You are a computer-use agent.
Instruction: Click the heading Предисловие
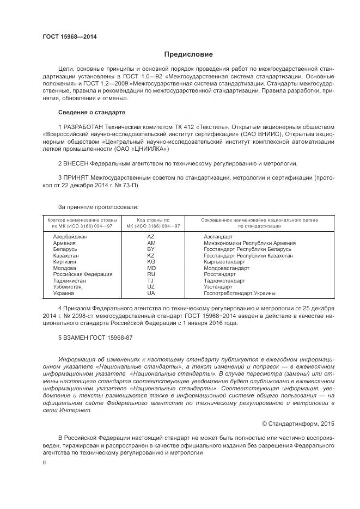click(x=189, y=54)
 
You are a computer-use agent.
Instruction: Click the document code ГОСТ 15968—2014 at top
click(x=70, y=36)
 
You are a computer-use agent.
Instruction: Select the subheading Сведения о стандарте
click(x=91, y=112)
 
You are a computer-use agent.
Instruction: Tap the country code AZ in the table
click(x=151, y=236)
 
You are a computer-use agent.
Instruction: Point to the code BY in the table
click(x=151, y=249)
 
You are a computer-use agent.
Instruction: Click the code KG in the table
click(x=151, y=262)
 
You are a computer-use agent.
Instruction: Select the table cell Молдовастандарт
click(x=227, y=268)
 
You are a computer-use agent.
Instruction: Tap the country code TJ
click(x=151, y=280)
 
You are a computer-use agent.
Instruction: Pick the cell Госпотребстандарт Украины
click(x=240, y=293)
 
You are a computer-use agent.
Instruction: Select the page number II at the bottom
click(x=45, y=462)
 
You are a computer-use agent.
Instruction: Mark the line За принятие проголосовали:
click(x=98, y=207)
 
